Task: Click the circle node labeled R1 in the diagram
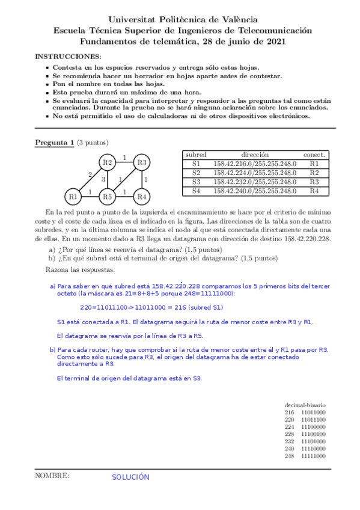(x=73, y=196)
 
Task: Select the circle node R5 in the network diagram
(x=107, y=196)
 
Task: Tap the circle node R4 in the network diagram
(x=141, y=196)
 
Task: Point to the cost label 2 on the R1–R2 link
(x=90, y=174)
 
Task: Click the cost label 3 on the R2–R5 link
(x=103, y=179)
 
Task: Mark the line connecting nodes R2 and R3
(x=124, y=162)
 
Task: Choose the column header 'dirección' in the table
(x=255, y=155)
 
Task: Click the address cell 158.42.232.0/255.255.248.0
(x=255, y=182)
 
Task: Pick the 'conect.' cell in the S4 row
(x=314, y=191)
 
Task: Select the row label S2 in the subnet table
(x=196, y=173)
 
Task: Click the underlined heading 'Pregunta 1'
(x=55, y=143)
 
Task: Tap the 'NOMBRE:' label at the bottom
(x=52, y=476)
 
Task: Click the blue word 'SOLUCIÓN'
(x=130, y=477)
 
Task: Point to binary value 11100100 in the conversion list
(x=313, y=434)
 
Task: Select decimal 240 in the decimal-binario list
(x=290, y=448)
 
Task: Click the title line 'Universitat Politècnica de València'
(x=180, y=19)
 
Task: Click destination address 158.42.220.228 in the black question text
(x=301, y=239)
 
